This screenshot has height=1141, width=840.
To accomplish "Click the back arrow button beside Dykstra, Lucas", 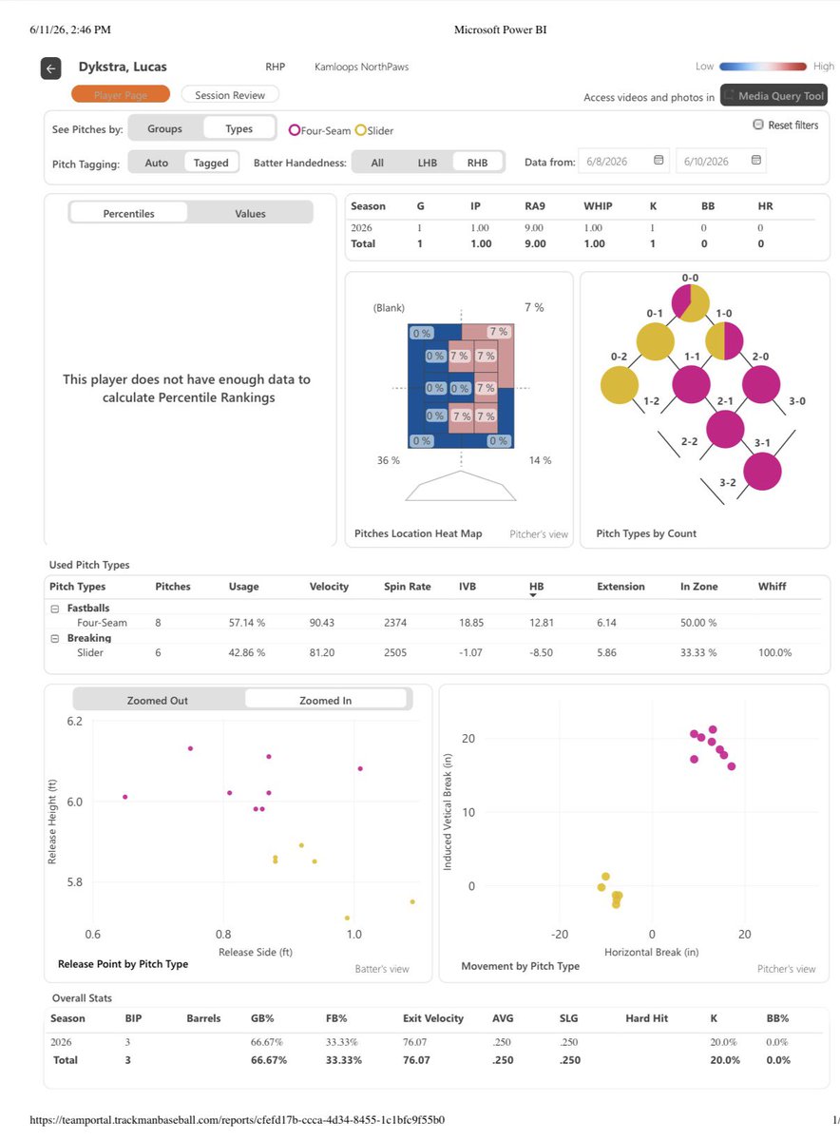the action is click(x=51, y=68).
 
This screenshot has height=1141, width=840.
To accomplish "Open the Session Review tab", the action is click(x=230, y=95).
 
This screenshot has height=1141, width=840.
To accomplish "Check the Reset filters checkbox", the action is click(x=758, y=125).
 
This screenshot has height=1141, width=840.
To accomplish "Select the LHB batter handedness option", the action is click(x=428, y=163).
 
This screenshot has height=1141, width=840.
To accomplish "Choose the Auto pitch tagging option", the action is click(x=156, y=163).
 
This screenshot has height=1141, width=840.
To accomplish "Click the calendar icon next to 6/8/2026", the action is click(x=659, y=160).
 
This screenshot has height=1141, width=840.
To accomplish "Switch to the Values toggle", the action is click(x=250, y=213).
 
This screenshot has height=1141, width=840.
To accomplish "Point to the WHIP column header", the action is click(x=598, y=205).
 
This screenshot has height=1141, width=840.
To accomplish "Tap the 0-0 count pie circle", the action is click(x=690, y=303).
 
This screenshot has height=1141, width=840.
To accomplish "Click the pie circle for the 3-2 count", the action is click(x=762, y=472).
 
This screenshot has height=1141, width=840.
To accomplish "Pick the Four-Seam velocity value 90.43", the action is click(x=322, y=623).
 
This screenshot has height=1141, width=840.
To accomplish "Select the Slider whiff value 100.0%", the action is click(x=774, y=652).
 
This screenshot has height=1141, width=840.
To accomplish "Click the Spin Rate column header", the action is click(x=408, y=587).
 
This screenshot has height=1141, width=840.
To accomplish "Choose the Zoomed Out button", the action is click(x=158, y=701).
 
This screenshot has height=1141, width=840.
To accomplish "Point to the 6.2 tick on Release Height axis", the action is click(x=74, y=722).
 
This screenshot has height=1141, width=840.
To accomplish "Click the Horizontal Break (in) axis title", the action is click(x=651, y=952).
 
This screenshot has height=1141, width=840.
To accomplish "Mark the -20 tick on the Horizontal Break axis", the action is click(x=560, y=934).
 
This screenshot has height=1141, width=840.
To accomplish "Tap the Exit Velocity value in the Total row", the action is click(x=416, y=1060).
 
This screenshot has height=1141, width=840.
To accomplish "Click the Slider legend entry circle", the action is click(x=360, y=130).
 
